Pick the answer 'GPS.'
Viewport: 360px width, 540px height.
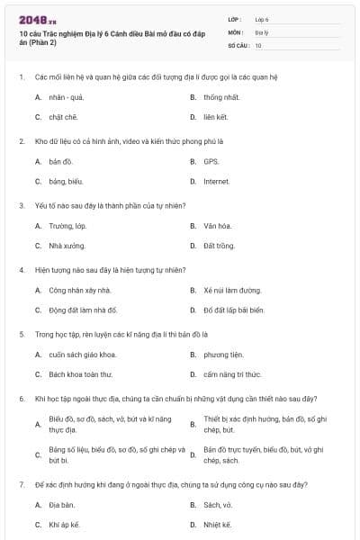click(211, 161)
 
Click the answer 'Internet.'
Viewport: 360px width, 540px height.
click(217, 182)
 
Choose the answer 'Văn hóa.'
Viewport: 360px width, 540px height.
click(218, 226)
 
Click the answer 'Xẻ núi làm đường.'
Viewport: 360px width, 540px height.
click(232, 290)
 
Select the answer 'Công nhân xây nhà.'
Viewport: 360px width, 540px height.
click(80, 290)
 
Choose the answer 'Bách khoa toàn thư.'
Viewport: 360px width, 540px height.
click(81, 374)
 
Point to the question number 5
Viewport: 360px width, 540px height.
click(21, 334)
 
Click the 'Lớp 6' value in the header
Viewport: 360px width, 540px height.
click(262, 18)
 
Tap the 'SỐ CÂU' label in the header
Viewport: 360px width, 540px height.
click(238, 44)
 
